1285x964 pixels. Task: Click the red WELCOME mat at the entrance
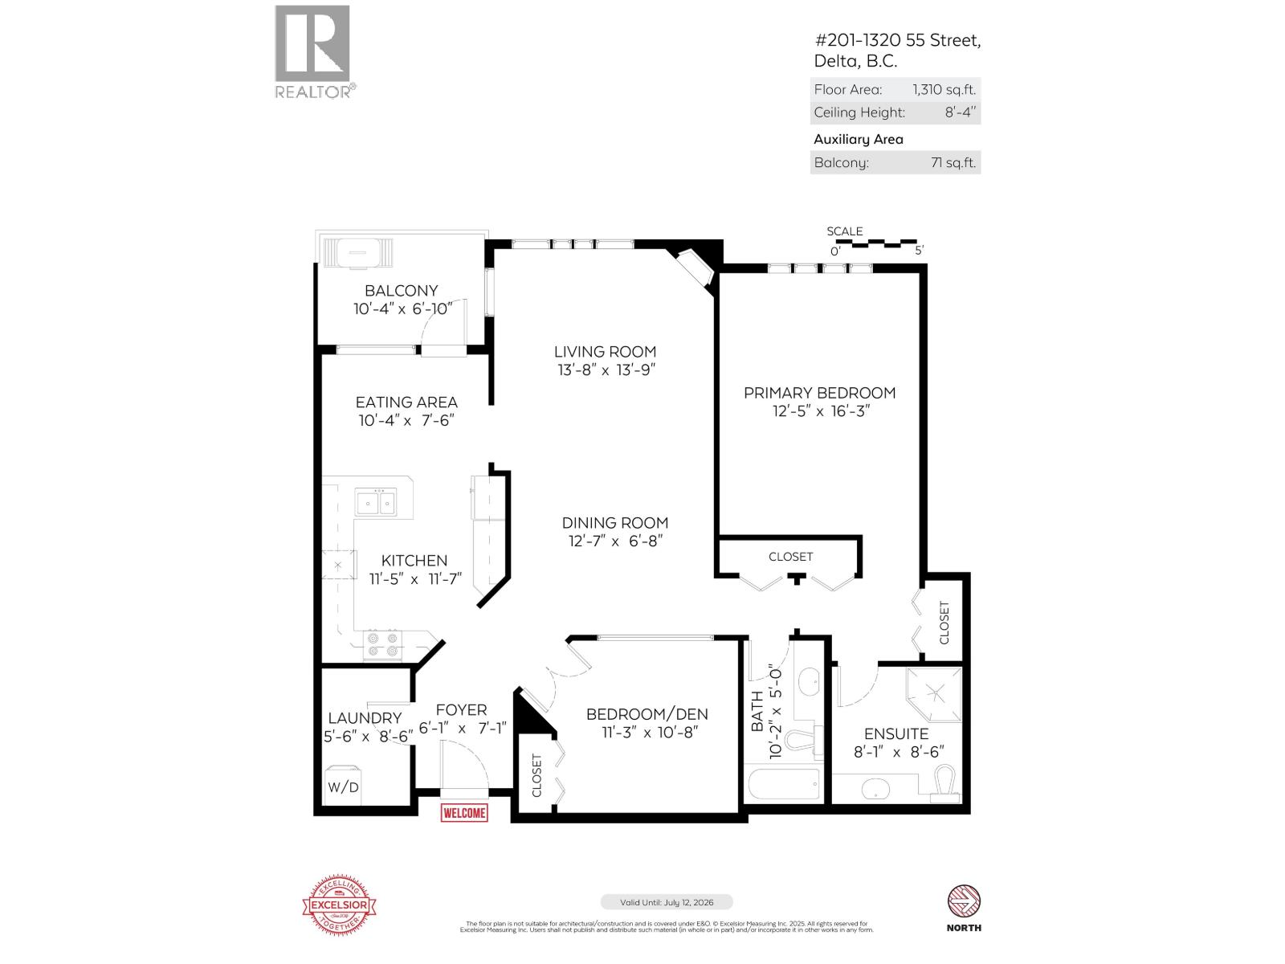point(464,813)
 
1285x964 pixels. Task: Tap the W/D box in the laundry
point(343,787)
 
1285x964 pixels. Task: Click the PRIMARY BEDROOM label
point(819,393)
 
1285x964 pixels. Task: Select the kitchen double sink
point(375,503)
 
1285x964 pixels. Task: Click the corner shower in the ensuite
point(934,692)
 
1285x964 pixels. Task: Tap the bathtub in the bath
point(784,784)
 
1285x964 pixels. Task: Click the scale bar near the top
point(875,242)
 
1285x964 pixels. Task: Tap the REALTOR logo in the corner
point(313,51)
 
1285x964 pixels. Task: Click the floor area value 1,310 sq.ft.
point(944,90)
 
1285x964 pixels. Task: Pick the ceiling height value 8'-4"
point(960,112)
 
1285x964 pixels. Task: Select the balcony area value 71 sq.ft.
point(953,163)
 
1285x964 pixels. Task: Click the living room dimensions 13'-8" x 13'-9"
point(606,370)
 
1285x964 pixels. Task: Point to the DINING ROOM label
point(614,522)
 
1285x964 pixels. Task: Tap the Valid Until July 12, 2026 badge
point(667,902)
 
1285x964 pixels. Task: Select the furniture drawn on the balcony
point(358,254)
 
